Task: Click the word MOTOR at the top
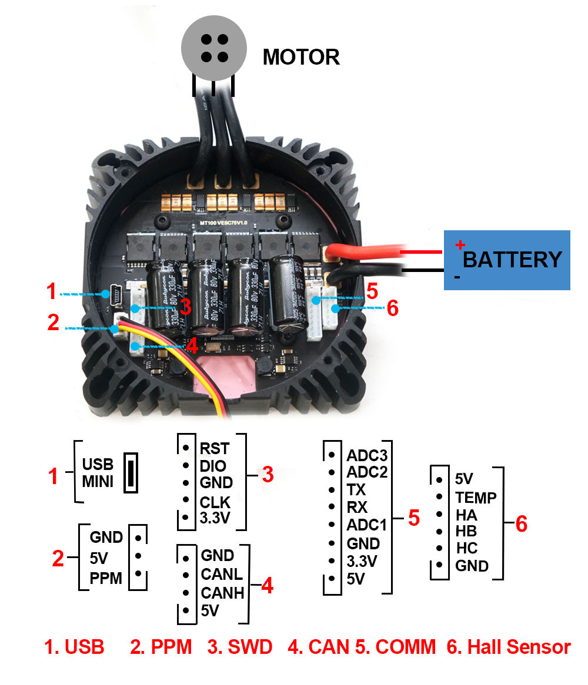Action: pos(301,57)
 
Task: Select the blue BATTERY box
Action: pos(506,260)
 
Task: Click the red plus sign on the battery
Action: pos(460,244)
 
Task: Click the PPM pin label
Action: pos(106,579)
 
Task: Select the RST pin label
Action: pos(214,449)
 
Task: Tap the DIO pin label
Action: pos(213,466)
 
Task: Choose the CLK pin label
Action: pos(215,503)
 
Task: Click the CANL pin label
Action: pos(222,574)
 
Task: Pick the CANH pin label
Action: pos(222,593)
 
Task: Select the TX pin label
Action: pos(356,490)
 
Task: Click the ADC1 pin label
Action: pos(367,525)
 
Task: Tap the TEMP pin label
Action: pos(476,498)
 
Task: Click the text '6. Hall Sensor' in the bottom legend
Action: pos(509,647)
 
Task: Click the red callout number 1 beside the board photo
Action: pos(52,291)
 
